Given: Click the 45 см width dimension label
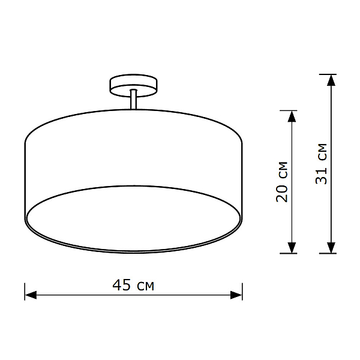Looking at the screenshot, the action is tap(133, 285).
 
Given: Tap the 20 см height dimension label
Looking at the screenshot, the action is tap(282, 182).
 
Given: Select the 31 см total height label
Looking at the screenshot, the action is tap(321, 164).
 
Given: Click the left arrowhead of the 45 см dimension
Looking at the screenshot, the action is tap(31, 295).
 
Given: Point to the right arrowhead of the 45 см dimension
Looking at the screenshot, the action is tap(236, 295).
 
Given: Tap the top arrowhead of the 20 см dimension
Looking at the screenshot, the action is tap(292, 116).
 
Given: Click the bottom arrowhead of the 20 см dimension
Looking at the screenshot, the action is tap(292, 247).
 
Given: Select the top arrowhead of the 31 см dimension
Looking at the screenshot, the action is tap(331, 80).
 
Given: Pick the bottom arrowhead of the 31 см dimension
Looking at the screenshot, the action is tap(331, 247).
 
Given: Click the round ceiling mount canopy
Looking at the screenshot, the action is tap(133, 85).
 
